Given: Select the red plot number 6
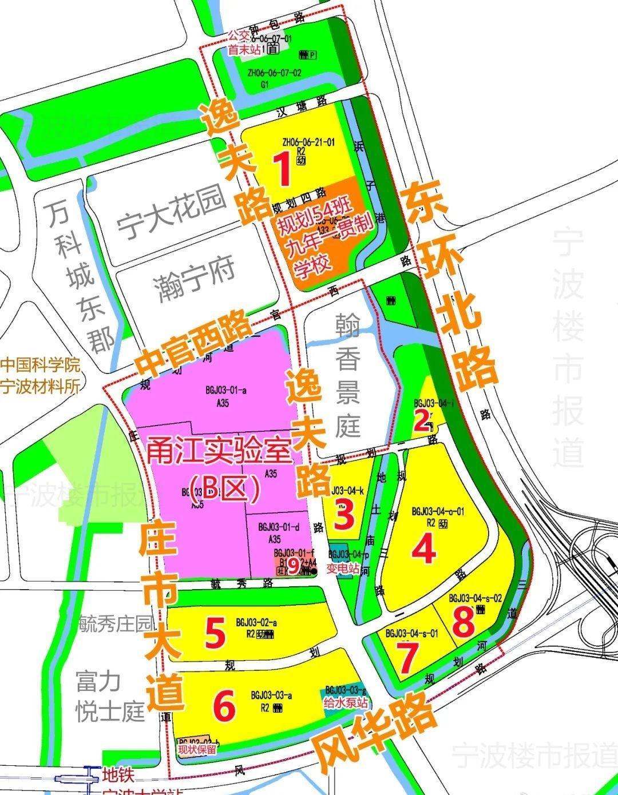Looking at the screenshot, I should tap(224, 706).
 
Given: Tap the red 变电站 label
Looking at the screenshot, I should tap(343, 569).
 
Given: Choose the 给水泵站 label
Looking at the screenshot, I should tap(345, 701).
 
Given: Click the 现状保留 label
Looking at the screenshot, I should tap(197, 750).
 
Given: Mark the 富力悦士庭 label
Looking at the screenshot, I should tap(110, 696).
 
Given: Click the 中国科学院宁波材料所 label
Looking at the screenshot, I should tap(40, 375).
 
